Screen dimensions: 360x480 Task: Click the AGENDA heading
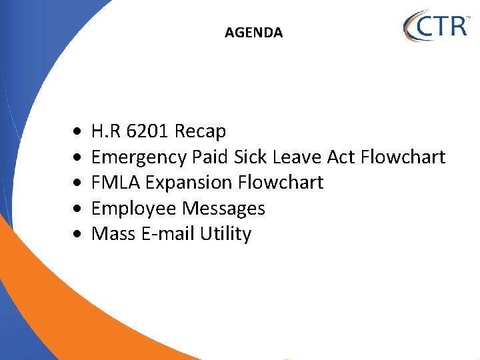click(x=253, y=32)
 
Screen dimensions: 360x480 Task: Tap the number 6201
click(x=147, y=131)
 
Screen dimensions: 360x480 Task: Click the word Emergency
click(x=139, y=157)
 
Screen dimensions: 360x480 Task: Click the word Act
click(x=340, y=157)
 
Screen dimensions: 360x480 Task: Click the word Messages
click(x=223, y=209)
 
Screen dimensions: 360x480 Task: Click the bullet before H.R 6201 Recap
click(x=79, y=132)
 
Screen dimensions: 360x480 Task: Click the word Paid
click(x=210, y=157)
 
